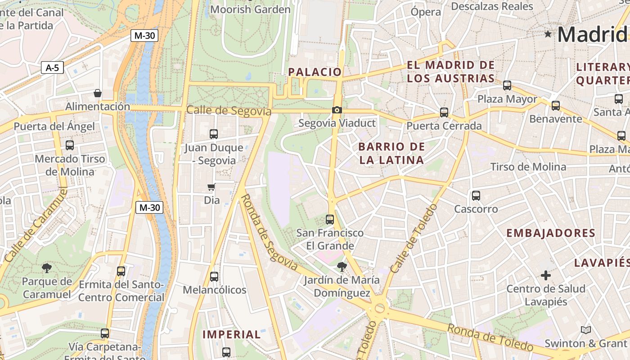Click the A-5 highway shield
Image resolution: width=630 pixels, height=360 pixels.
point(52,68)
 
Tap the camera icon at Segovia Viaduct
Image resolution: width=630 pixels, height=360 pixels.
point(337,110)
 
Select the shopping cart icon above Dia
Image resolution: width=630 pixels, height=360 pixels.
point(211,187)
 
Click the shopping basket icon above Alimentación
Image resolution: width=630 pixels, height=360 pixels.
point(97,93)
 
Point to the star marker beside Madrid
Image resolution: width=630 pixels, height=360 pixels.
point(548,34)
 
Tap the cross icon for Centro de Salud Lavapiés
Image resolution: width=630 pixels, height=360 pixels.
point(545,275)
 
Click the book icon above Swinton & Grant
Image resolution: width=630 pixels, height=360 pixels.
point(585,330)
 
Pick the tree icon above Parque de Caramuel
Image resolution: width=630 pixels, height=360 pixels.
point(46,269)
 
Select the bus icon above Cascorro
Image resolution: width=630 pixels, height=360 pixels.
point(476,196)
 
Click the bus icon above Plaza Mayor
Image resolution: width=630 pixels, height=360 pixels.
point(507,85)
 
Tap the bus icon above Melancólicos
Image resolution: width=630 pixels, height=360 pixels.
point(214,277)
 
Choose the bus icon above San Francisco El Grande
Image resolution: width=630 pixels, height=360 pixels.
point(330,220)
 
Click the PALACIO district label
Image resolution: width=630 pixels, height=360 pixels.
point(315,72)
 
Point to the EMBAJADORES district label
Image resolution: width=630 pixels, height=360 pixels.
point(551,233)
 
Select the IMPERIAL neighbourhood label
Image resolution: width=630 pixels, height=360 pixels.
point(231,334)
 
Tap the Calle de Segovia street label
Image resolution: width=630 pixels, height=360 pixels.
point(229,110)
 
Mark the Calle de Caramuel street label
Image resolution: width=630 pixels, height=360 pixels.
point(36,225)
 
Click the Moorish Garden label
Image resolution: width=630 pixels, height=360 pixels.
point(250,9)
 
